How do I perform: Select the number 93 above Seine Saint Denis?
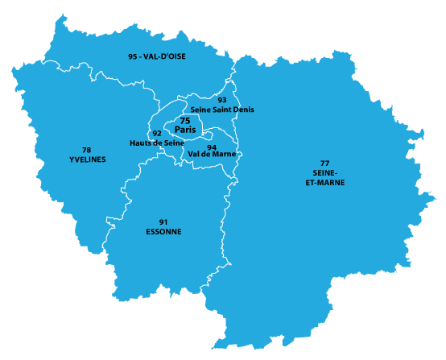point(222,100)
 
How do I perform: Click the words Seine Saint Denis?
point(222,110)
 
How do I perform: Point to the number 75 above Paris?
point(184,120)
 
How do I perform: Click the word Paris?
point(185,129)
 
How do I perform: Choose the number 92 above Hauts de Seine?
point(157,134)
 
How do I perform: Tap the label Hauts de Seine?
point(157,143)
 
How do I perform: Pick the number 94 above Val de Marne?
point(211,147)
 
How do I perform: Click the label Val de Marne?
point(212,154)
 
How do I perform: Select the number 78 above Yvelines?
point(87,150)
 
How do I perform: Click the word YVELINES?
point(87,159)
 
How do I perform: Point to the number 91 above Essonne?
point(163,222)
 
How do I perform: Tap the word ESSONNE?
point(163,232)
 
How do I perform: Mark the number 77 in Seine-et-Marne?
point(324,163)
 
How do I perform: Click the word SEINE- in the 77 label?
point(324,173)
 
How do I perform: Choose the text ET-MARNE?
point(324,183)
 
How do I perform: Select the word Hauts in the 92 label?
point(141,143)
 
